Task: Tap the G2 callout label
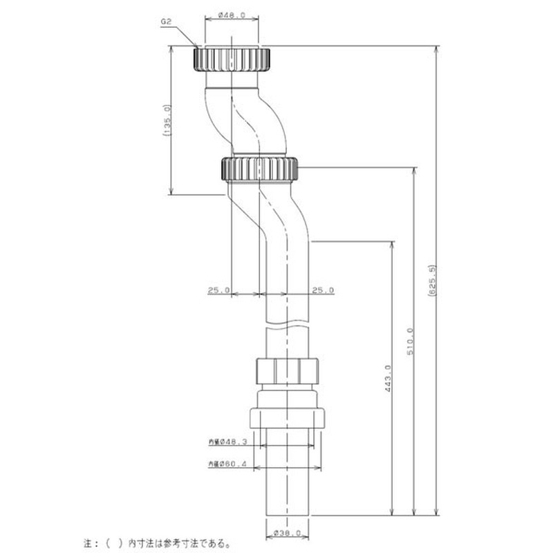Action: tap(166, 22)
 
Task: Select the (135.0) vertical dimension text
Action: tap(167, 122)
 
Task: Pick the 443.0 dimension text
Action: tap(388, 379)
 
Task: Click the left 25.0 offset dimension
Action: tap(218, 290)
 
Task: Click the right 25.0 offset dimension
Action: tap(322, 290)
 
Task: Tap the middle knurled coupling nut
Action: tap(260, 168)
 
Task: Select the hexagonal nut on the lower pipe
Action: tap(286, 371)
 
